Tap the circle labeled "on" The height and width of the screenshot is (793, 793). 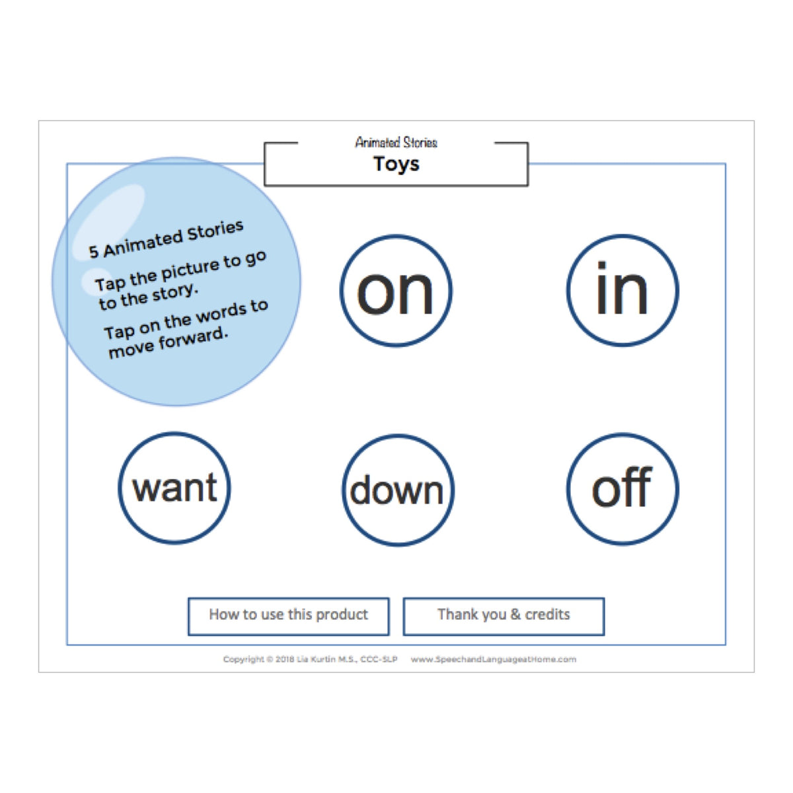click(395, 291)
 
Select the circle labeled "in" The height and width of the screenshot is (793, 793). click(622, 291)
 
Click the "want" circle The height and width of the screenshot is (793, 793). click(174, 488)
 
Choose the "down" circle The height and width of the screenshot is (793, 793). click(398, 490)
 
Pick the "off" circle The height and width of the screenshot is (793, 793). click(622, 489)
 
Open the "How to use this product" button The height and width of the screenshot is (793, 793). click(289, 616)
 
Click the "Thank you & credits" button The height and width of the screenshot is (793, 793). click(504, 616)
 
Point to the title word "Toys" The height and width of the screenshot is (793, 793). click(396, 164)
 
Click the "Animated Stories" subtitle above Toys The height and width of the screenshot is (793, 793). click(396, 142)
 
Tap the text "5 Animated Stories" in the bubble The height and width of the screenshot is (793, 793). click(167, 239)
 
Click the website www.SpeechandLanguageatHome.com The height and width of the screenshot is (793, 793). click(494, 660)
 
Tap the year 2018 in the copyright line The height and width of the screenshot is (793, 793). click(284, 660)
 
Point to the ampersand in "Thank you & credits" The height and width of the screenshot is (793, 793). click(515, 615)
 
